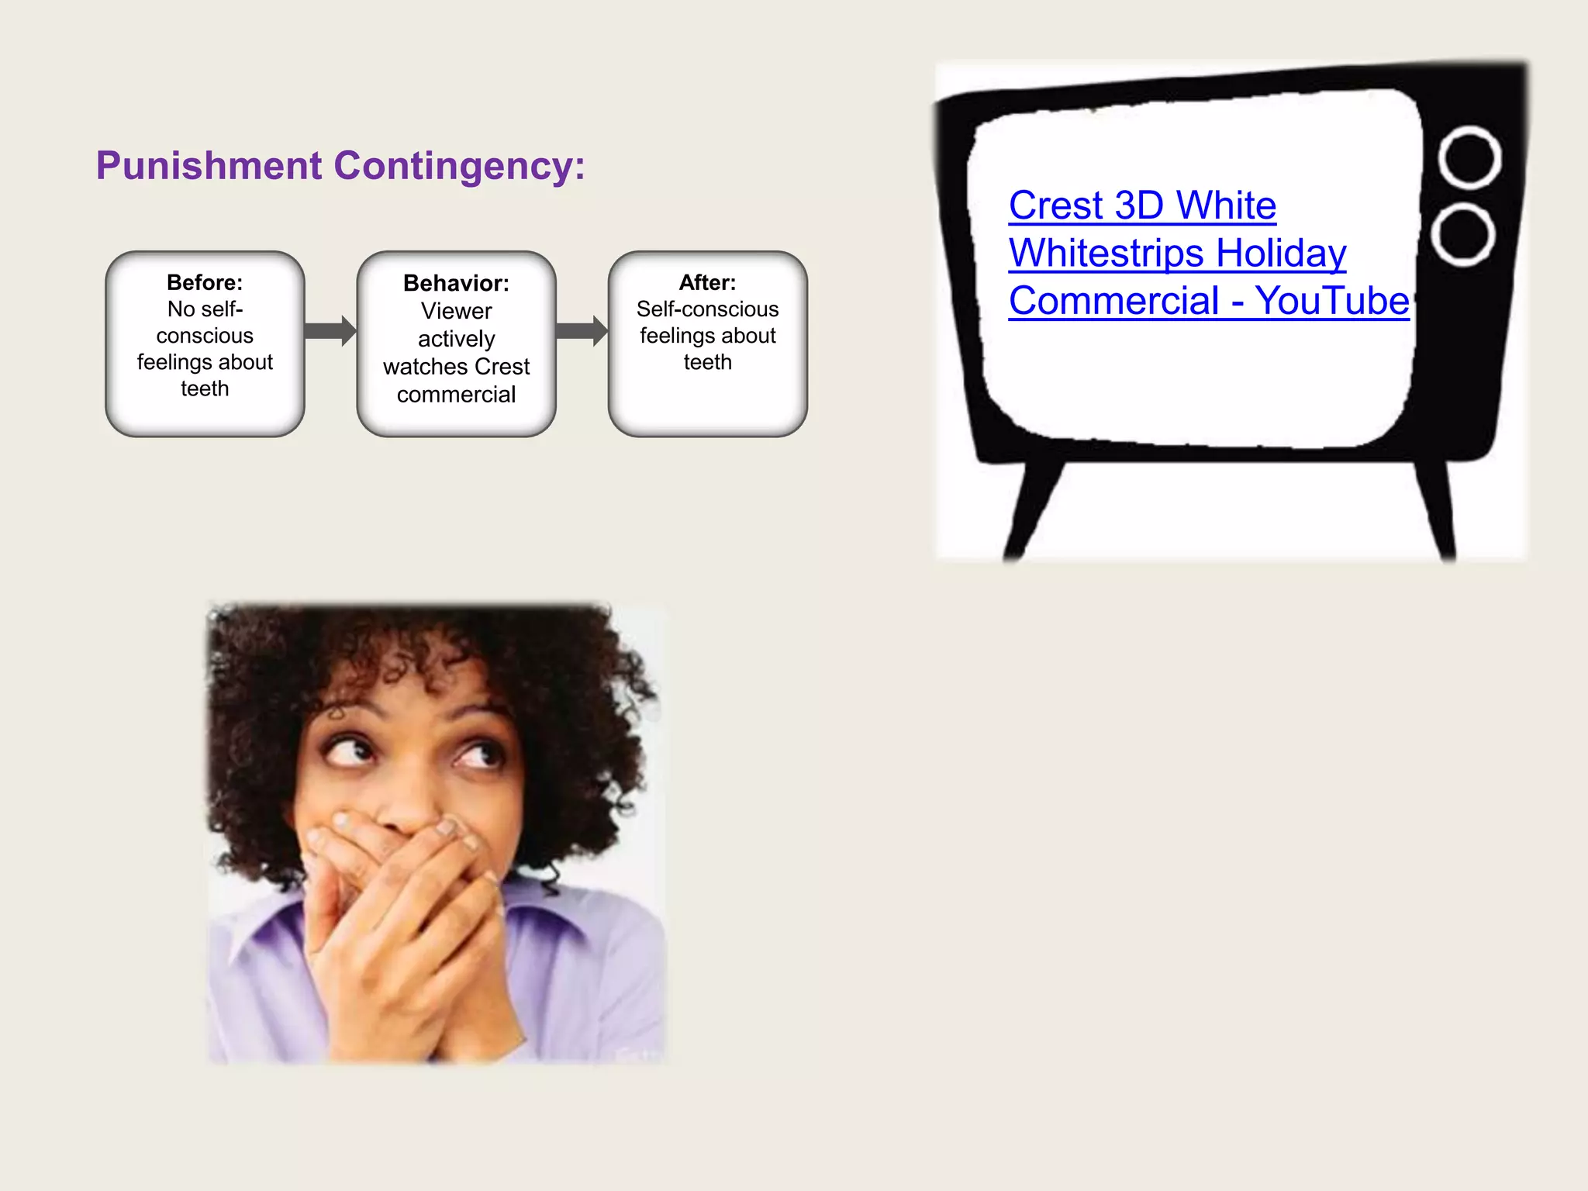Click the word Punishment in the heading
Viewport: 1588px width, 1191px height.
click(209, 166)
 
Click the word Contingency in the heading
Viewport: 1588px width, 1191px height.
click(459, 166)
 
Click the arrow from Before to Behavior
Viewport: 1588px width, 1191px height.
click(330, 331)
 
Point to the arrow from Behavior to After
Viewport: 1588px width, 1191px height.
click(581, 331)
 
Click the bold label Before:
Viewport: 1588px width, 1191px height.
click(205, 282)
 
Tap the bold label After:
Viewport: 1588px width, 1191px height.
click(707, 282)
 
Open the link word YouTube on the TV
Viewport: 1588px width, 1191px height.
click(1331, 301)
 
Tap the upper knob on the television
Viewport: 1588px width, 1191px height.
click(1469, 158)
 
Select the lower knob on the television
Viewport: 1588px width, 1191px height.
click(1463, 234)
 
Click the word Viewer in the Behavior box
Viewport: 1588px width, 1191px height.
click(456, 311)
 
